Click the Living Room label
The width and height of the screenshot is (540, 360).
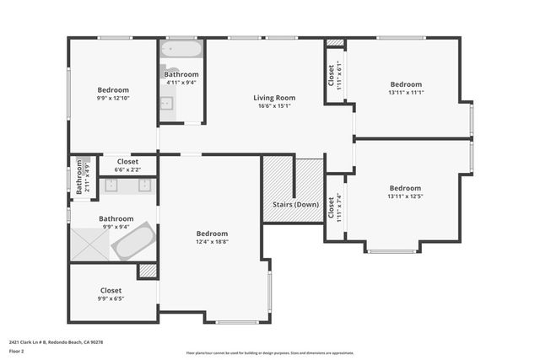(x=274, y=98)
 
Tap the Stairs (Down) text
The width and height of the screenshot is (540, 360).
(x=295, y=205)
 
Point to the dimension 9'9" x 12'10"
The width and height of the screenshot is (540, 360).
(x=113, y=99)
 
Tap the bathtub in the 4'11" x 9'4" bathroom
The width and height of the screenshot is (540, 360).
(x=181, y=50)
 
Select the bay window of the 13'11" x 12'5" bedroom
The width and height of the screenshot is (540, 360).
(x=391, y=250)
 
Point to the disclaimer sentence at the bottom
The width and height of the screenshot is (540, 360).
(x=270, y=352)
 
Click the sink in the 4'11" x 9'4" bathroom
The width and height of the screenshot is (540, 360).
(x=167, y=104)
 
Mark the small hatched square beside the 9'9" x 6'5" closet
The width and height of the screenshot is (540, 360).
(x=148, y=271)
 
